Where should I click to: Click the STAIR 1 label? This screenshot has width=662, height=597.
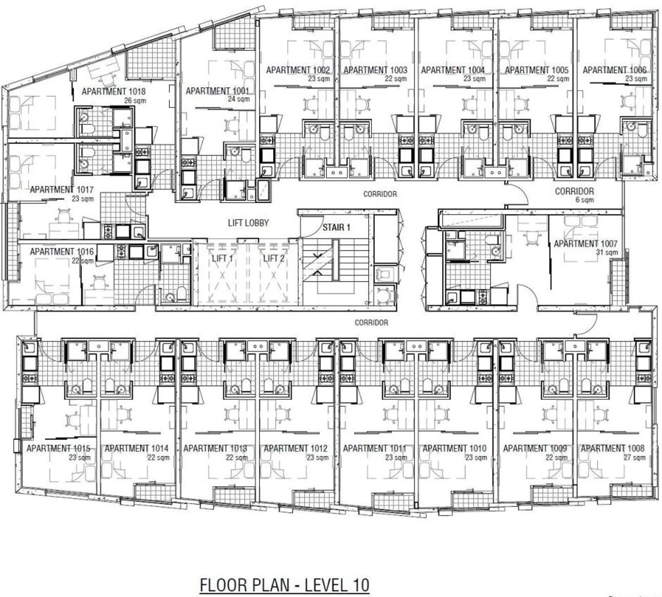(336, 227)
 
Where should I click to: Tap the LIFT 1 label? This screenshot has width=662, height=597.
(222, 258)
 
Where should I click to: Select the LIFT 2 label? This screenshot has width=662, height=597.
(274, 258)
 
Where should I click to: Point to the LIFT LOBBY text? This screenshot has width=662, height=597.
(248, 223)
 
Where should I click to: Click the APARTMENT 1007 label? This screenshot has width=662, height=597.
(585, 244)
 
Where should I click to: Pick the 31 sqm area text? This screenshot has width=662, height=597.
(607, 252)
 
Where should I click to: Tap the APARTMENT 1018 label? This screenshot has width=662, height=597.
(113, 91)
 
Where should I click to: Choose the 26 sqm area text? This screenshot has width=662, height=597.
(135, 101)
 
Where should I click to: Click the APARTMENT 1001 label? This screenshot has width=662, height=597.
(217, 91)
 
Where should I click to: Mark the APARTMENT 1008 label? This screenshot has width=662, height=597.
(612, 448)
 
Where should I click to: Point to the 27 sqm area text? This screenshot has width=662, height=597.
(634, 458)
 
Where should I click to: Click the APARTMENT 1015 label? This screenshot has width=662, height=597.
(58, 448)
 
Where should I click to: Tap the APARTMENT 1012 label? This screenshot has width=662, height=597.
(295, 448)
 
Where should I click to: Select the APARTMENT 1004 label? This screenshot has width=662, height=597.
(453, 70)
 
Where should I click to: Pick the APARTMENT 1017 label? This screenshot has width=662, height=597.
(62, 189)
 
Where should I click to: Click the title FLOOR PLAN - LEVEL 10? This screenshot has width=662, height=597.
(284, 585)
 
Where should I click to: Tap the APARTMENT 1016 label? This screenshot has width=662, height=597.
(62, 252)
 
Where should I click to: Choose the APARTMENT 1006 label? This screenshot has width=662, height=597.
(614, 70)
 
